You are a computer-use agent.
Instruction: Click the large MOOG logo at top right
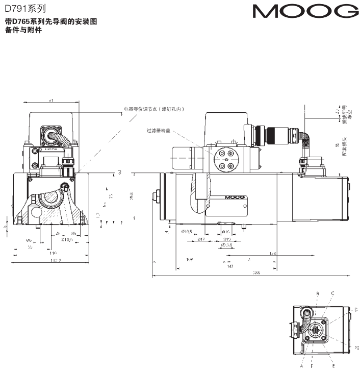[x=305, y=12]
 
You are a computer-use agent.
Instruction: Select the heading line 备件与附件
[x=23, y=30]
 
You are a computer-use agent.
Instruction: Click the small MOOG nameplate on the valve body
[x=234, y=197]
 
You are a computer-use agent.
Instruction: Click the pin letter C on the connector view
[x=332, y=294]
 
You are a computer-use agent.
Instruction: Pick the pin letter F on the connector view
[x=312, y=366]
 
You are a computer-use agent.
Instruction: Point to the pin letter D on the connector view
[x=355, y=309]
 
